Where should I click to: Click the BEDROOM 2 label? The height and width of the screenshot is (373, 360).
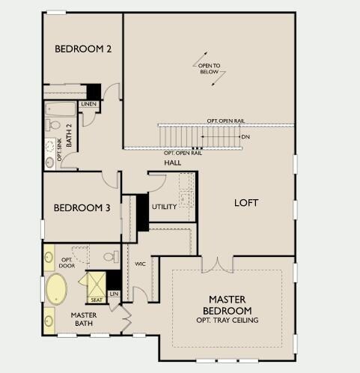tap(83, 49)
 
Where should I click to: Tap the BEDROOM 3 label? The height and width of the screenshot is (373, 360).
tap(82, 207)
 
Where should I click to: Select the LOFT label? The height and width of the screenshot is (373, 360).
tap(246, 203)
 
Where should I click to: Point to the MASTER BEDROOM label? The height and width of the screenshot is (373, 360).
tap(228, 305)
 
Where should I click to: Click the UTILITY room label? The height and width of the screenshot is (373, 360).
tap(164, 207)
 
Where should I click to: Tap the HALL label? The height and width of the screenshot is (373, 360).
tap(173, 163)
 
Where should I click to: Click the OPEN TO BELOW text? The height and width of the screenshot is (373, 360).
tap(209, 69)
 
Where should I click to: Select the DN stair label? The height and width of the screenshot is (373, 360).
tap(245, 137)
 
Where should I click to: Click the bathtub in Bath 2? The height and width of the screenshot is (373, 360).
tap(61, 109)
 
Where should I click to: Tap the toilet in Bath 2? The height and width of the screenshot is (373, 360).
tap(52, 125)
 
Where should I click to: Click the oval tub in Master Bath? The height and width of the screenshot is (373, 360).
tap(57, 289)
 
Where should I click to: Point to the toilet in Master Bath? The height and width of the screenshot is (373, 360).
tap(112, 257)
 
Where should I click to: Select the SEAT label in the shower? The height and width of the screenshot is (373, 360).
tap(97, 300)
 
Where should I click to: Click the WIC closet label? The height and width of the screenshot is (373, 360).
tap(140, 264)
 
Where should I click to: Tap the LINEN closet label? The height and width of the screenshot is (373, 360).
tap(89, 104)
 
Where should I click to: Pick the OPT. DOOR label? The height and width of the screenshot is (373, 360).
tap(67, 263)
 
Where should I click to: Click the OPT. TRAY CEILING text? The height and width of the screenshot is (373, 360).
tap(228, 320)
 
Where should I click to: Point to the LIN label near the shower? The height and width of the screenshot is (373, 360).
tap(114, 294)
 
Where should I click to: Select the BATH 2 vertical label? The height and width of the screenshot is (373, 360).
tap(69, 136)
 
